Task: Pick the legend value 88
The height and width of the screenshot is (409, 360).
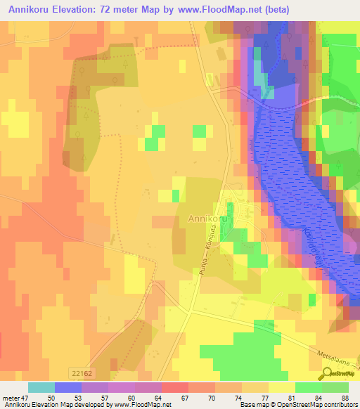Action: tap(345, 397)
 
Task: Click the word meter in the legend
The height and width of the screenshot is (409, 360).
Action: tap(12, 397)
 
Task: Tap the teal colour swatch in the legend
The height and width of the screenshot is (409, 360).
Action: tap(41, 387)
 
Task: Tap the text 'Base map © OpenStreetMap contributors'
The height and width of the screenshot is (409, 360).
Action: tap(297, 405)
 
